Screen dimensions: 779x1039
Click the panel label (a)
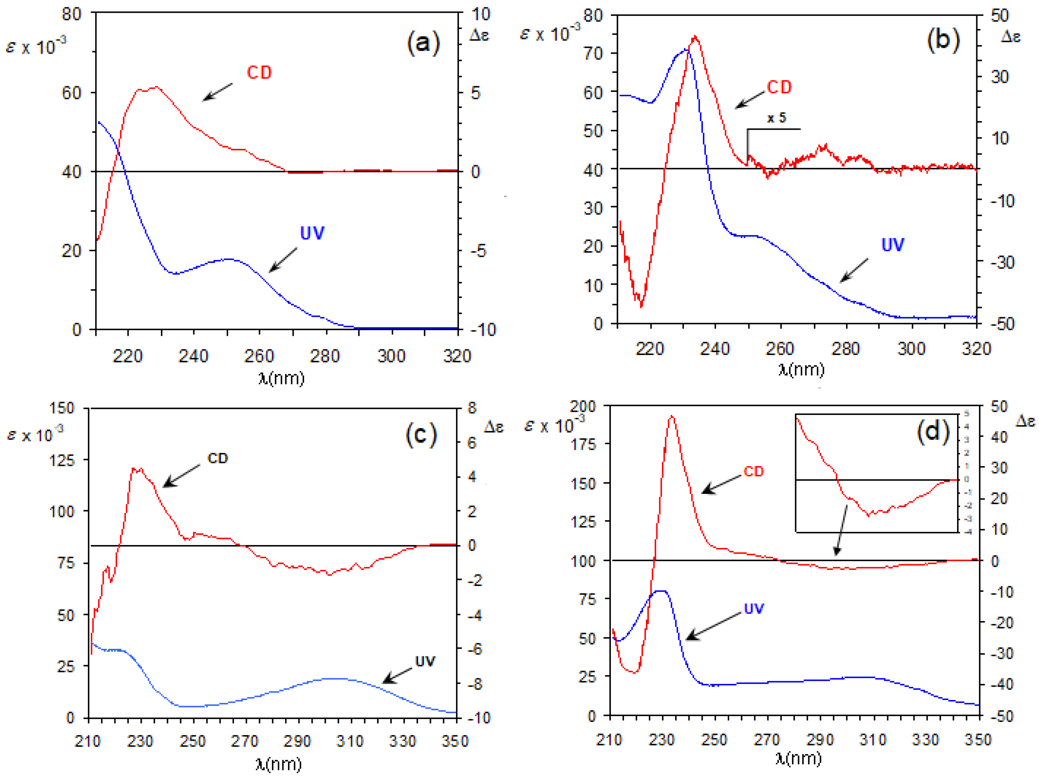(x=423, y=43)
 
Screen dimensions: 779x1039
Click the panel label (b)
(x=943, y=40)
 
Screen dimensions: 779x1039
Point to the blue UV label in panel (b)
(x=892, y=245)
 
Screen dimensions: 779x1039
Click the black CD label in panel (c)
(x=218, y=459)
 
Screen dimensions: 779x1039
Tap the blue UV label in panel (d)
(x=754, y=609)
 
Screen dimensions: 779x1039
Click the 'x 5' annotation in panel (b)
(x=777, y=118)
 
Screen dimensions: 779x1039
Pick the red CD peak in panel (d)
(x=672, y=416)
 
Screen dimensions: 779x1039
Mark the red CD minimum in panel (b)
(x=641, y=305)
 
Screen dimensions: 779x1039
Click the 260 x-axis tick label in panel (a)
(x=259, y=356)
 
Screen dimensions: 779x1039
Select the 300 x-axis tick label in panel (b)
(x=911, y=349)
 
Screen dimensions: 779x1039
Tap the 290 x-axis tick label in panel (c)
(x=297, y=741)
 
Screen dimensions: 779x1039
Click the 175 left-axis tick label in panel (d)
(x=583, y=444)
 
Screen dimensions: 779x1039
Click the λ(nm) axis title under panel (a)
(x=281, y=378)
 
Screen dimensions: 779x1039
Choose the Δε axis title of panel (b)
(x=1011, y=36)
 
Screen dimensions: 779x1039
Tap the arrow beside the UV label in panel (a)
(x=283, y=260)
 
